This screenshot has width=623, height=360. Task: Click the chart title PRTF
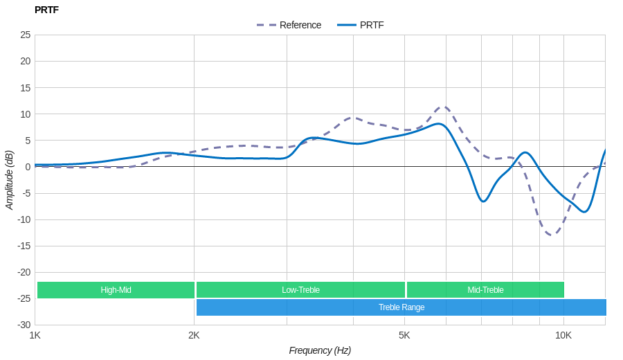46,10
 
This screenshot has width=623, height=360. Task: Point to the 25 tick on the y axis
26,35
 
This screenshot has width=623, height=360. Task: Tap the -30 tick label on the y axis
24,325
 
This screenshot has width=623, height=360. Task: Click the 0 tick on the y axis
28,167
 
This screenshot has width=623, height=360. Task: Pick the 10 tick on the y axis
26,114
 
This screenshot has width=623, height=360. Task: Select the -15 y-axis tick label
24,246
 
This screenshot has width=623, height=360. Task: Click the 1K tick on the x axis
35,335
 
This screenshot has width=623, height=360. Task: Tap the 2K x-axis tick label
194,335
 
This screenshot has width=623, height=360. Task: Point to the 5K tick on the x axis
404,335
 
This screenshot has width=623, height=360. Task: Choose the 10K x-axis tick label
563,335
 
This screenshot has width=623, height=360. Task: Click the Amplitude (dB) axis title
10,180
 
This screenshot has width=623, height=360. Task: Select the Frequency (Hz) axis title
320,350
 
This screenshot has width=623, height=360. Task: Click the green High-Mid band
116,290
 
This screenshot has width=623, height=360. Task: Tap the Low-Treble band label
300,290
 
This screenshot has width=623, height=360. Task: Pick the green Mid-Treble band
485,290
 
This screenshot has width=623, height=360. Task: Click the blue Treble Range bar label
401,307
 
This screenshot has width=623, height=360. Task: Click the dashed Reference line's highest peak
444,107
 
